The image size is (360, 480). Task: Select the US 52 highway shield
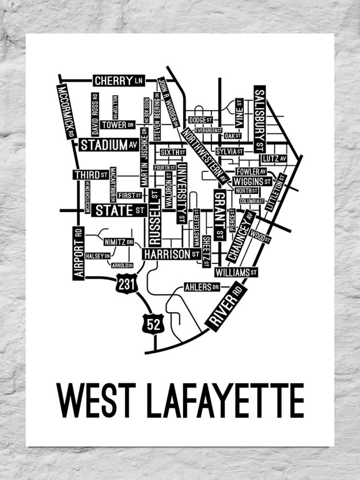click(152, 324)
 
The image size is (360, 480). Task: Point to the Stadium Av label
click(109, 145)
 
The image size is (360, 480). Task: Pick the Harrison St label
click(172, 255)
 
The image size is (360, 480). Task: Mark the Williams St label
click(236, 272)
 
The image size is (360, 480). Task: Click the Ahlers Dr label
click(202, 287)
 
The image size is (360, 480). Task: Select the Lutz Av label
click(274, 158)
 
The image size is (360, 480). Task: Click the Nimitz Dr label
click(118, 242)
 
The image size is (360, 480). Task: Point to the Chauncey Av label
click(242, 236)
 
